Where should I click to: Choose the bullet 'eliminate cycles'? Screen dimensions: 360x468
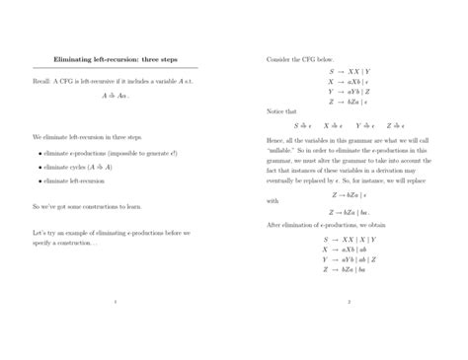pyautogui.click(x=77, y=168)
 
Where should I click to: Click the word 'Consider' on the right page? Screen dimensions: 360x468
pyautogui.click(x=280, y=59)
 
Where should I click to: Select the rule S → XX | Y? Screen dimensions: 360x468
pyautogui.click(x=350, y=71)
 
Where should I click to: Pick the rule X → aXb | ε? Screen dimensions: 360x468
pyautogui.click(x=350, y=82)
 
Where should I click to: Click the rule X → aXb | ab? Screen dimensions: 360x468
pyautogui.click(x=350, y=249)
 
